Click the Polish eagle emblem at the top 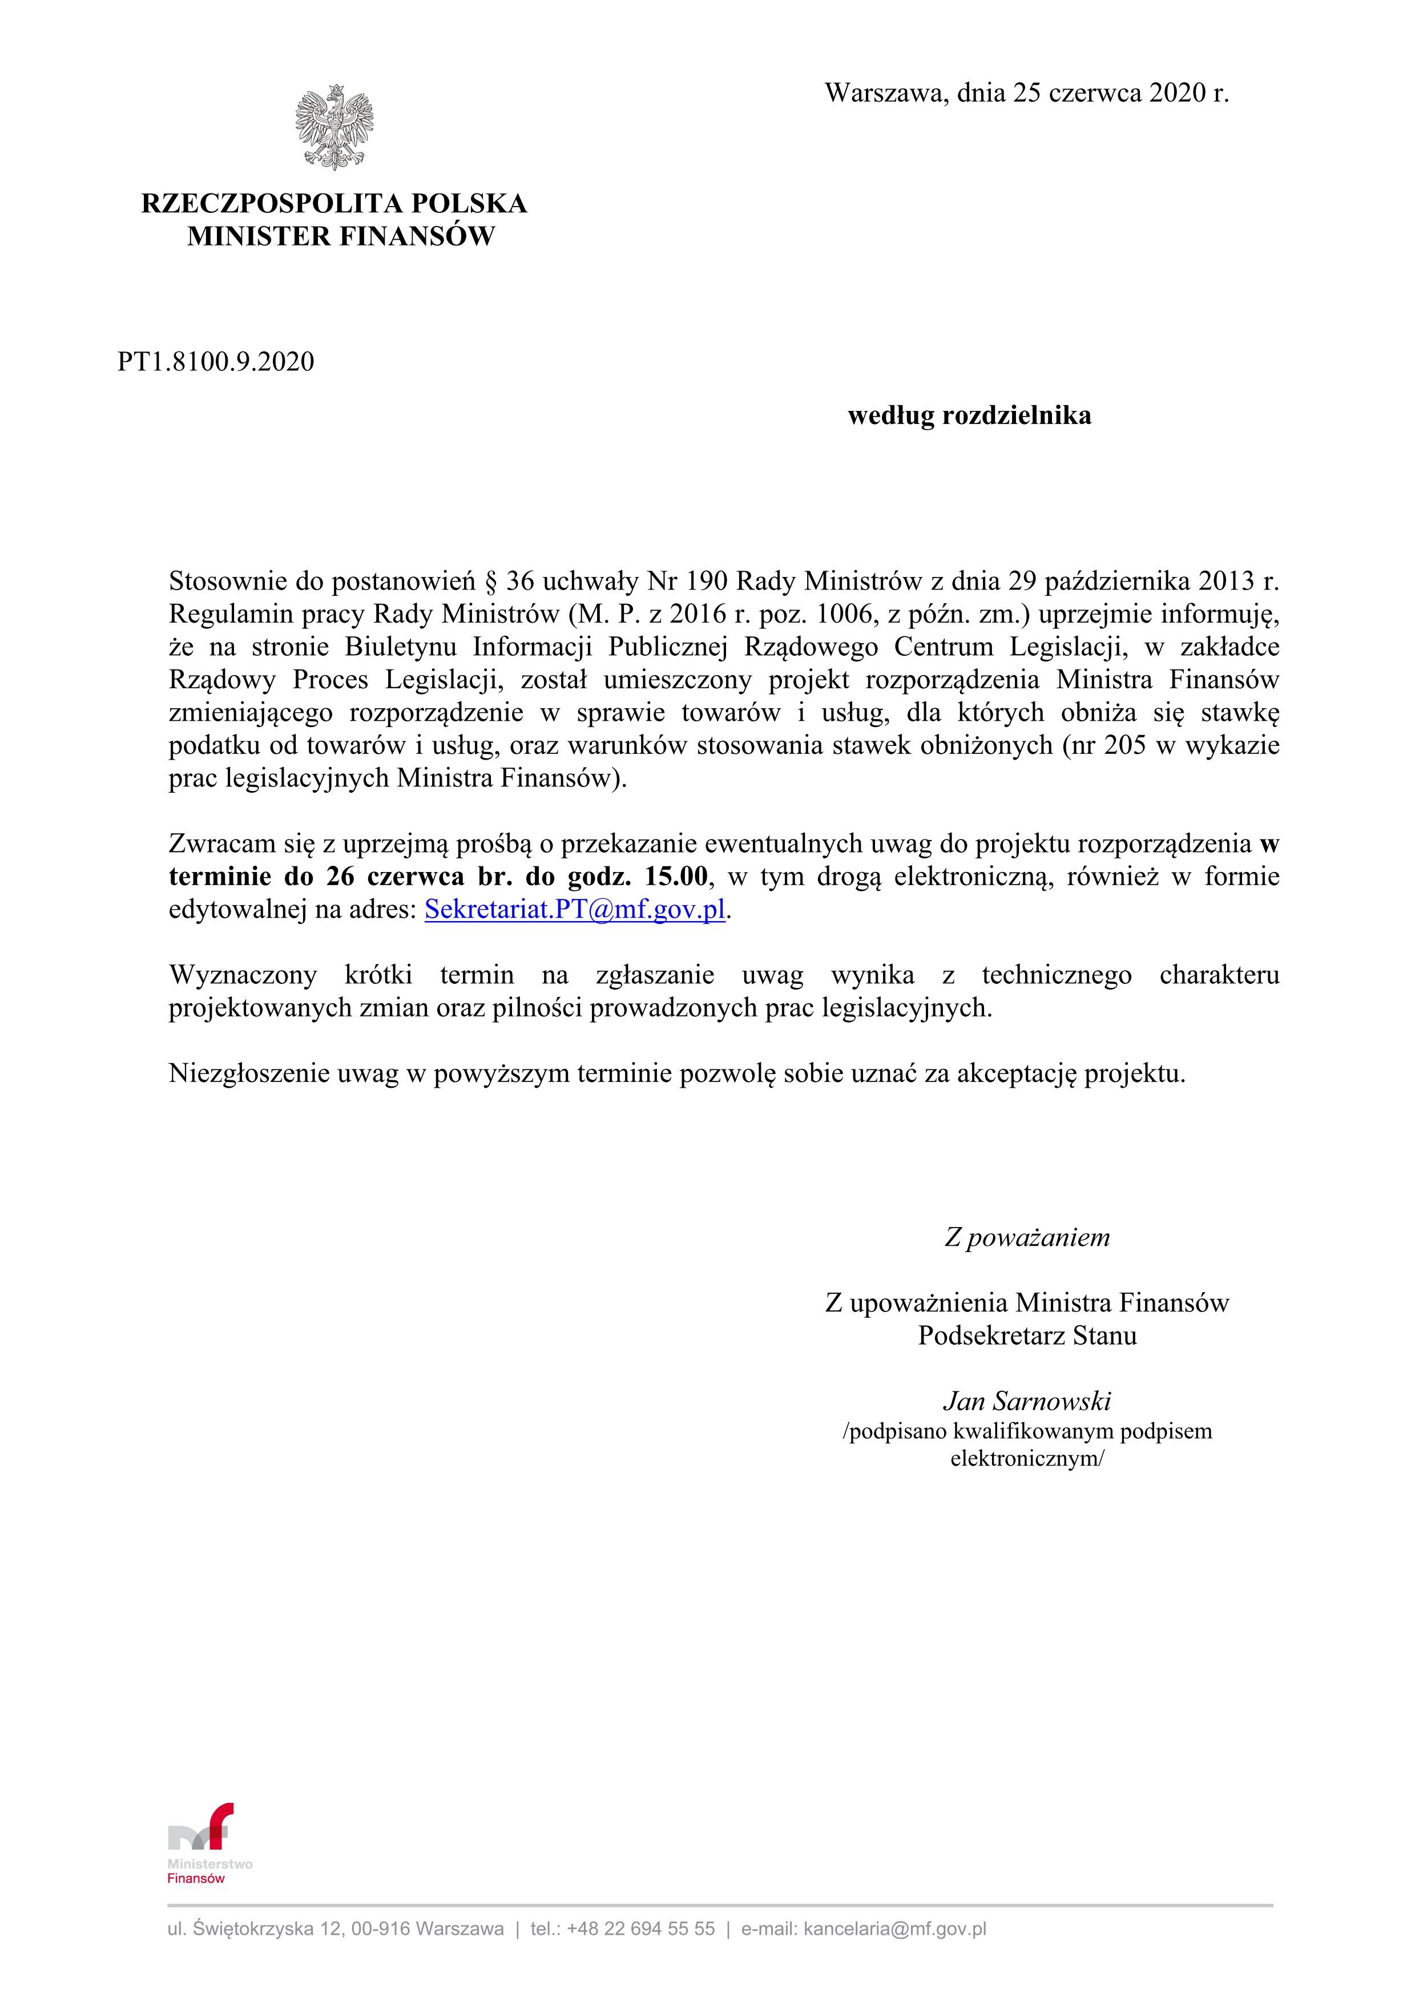(334, 127)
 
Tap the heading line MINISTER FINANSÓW (340, 236)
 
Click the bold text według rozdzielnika (969, 416)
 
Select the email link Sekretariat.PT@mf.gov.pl (575, 910)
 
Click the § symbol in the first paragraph (487, 581)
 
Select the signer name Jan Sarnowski (1026, 1401)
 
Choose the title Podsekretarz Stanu (1027, 1336)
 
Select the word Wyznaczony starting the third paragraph (243, 975)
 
